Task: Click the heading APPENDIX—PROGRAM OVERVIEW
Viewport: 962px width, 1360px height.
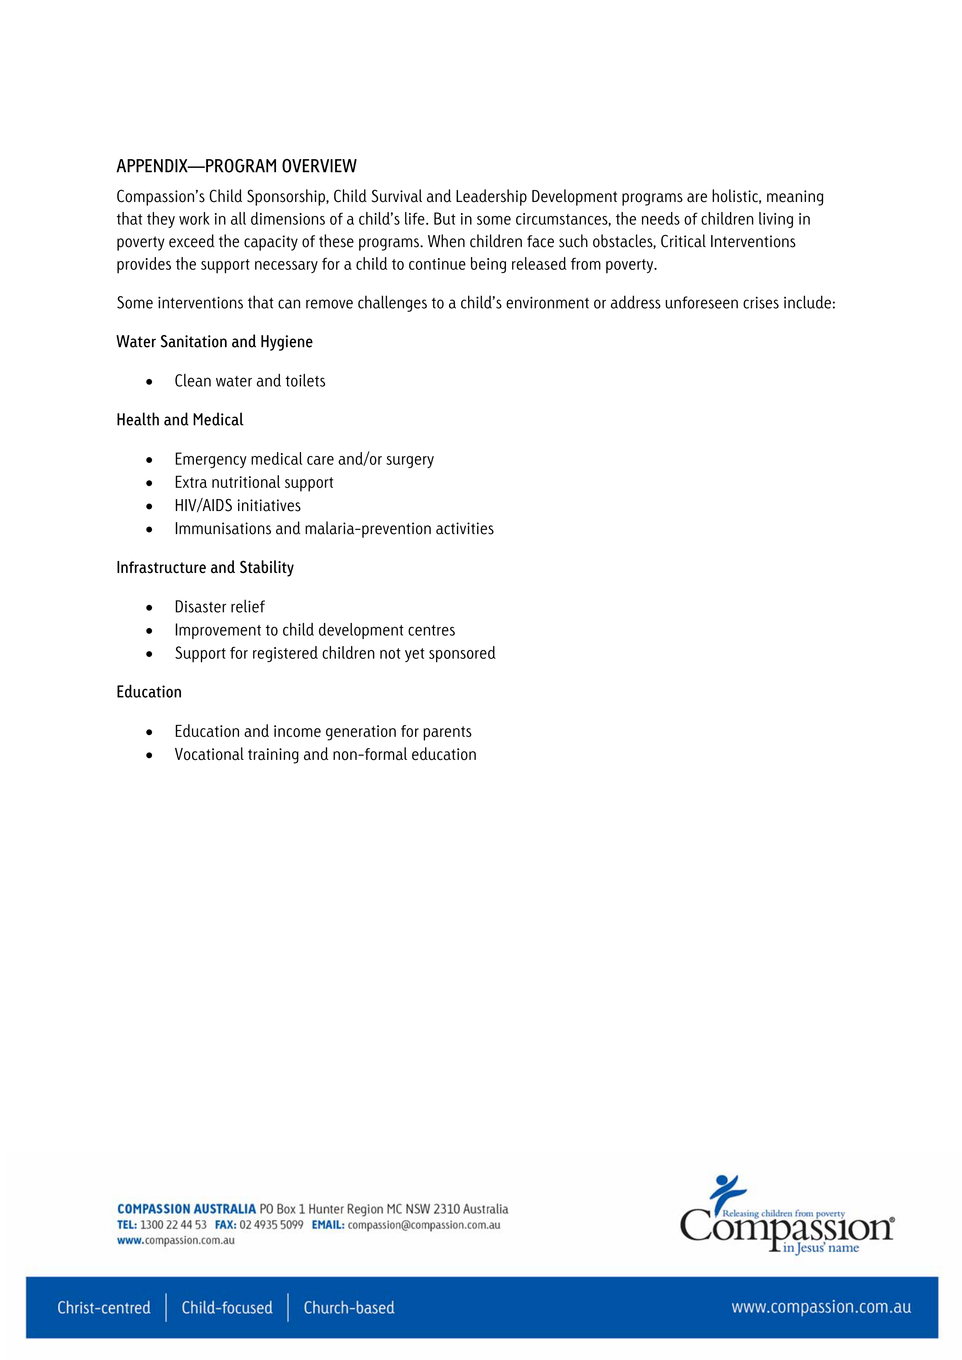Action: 237,166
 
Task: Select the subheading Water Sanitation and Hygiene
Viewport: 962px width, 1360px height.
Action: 214,342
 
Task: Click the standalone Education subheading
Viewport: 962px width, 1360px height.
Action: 149,692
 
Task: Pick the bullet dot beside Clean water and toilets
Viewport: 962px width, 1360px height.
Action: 149,382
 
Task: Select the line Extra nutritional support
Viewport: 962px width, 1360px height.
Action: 254,482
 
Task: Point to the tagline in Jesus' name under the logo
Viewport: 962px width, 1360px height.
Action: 820,1248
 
